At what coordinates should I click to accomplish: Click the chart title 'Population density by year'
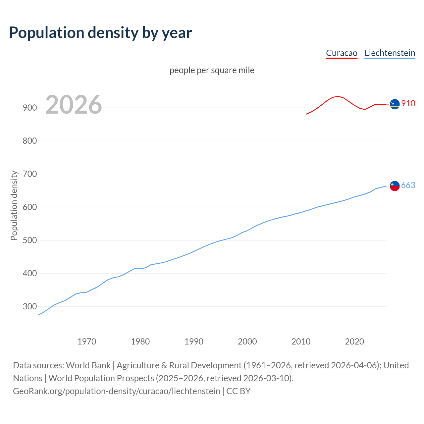(x=100, y=33)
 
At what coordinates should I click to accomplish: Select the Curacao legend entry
(x=342, y=53)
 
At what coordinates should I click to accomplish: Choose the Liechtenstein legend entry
(x=390, y=53)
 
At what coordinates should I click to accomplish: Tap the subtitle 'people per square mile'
(x=212, y=70)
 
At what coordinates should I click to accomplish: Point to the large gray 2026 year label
(x=74, y=105)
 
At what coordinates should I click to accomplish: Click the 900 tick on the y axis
(x=29, y=108)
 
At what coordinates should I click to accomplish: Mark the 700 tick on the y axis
(x=29, y=174)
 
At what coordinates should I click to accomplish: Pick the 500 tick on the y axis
(x=29, y=240)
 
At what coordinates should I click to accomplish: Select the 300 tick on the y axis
(x=29, y=306)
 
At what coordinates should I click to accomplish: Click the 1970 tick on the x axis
(x=87, y=341)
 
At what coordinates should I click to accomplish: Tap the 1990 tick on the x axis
(x=194, y=341)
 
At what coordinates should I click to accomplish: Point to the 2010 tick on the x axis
(x=301, y=341)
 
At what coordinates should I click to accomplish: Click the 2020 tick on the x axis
(x=354, y=341)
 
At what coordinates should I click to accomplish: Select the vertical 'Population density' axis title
(x=14, y=205)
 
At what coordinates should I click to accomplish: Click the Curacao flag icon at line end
(x=395, y=104)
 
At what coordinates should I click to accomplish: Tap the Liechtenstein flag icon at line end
(x=395, y=186)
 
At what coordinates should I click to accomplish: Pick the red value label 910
(x=408, y=103)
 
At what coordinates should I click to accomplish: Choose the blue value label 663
(x=408, y=185)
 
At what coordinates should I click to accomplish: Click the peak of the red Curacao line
(x=338, y=96)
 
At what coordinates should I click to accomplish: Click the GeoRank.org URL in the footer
(x=117, y=391)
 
